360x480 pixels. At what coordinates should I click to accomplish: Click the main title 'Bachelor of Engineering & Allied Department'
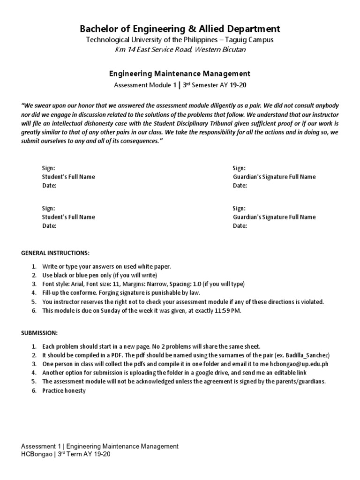click(180, 29)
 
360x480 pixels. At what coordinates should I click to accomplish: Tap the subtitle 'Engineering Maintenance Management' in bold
click(180, 74)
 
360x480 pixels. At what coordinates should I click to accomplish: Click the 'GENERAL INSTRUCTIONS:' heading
click(55, 253)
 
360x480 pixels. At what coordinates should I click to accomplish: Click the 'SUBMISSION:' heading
click(39, 332)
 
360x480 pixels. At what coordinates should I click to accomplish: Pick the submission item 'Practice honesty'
click(64, 390)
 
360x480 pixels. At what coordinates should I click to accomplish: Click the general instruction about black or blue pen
click(100, 275)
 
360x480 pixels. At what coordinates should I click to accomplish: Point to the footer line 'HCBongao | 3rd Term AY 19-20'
click(66, 454)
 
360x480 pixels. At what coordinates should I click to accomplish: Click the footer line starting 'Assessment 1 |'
click(100, 446)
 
